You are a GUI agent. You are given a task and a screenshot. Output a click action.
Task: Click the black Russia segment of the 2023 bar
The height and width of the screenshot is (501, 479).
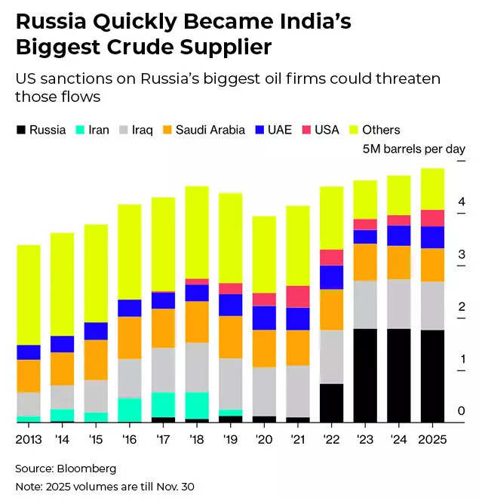[x=366, y=375]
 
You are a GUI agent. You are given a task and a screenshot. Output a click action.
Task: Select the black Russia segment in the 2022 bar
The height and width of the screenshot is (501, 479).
[x=332, y=402]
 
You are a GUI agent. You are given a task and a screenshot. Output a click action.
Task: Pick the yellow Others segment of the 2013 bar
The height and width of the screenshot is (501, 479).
[x=29, y=294]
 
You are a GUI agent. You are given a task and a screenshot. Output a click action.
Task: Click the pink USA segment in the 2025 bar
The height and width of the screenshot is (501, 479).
[x=432, y=218]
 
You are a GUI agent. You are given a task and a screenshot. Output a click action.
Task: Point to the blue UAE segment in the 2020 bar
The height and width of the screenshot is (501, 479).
[x=264, y=318]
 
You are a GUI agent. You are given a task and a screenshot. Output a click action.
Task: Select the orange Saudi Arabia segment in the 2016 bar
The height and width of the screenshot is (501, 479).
[x=130, y=337]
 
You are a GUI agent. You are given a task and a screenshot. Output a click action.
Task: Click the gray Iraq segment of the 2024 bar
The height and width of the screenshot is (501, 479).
[x=399, y=304]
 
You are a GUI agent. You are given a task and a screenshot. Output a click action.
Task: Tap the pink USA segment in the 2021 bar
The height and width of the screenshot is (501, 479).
[x=298, y=297]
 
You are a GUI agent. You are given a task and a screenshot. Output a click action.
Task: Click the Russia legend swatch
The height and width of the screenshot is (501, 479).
[x=20, y=130]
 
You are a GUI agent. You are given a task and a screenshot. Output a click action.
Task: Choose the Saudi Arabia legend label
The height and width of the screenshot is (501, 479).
[x=210, y=130]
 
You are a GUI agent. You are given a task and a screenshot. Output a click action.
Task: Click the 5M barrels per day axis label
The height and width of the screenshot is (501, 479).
[x=414, y=149]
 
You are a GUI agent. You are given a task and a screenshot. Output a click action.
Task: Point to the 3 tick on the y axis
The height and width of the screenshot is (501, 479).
[x=460, y=255]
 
